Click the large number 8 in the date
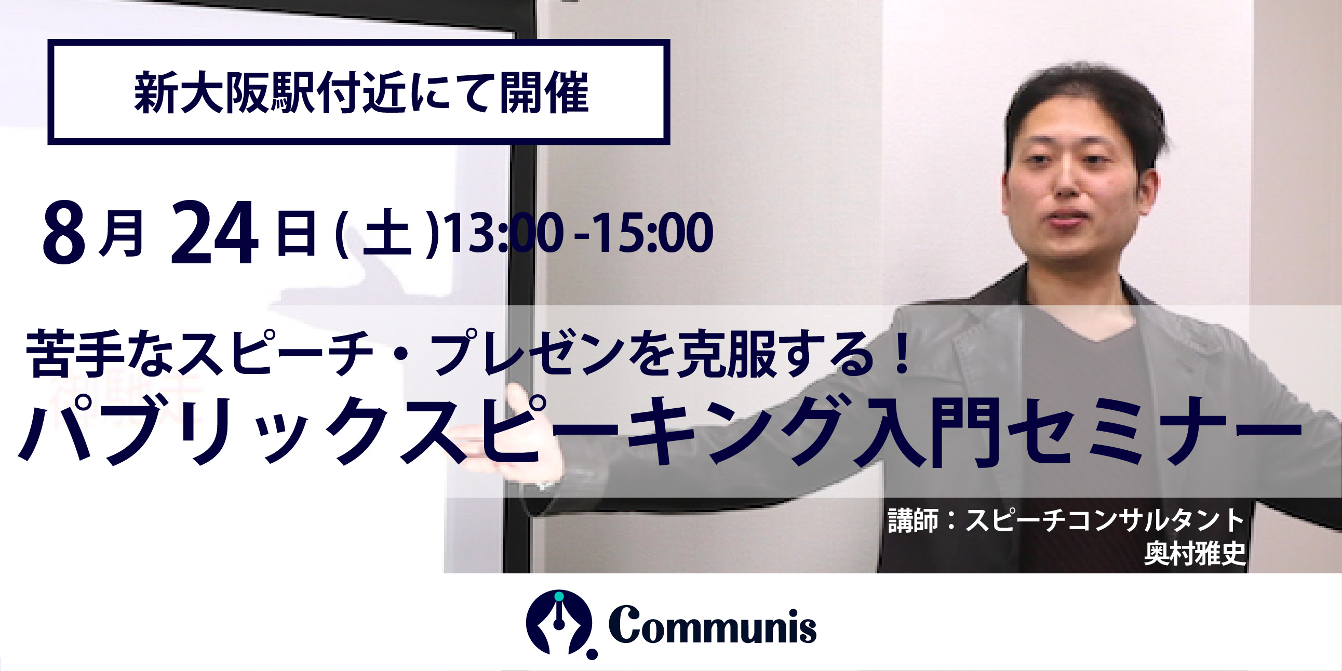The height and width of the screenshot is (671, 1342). tap(64, 233)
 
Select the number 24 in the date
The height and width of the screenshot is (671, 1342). tap(214, 233)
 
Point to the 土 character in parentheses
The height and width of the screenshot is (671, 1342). tap(385, 235)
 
